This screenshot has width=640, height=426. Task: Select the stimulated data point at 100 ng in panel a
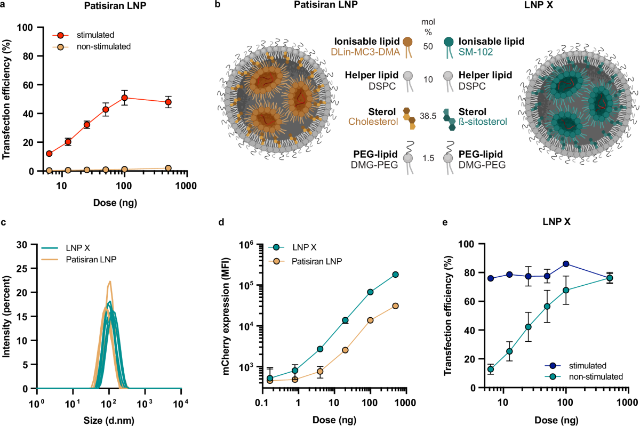[124, 98]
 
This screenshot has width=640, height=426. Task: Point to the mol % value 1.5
[428, 158]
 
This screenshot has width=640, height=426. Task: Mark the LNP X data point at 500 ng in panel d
[396, 275]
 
